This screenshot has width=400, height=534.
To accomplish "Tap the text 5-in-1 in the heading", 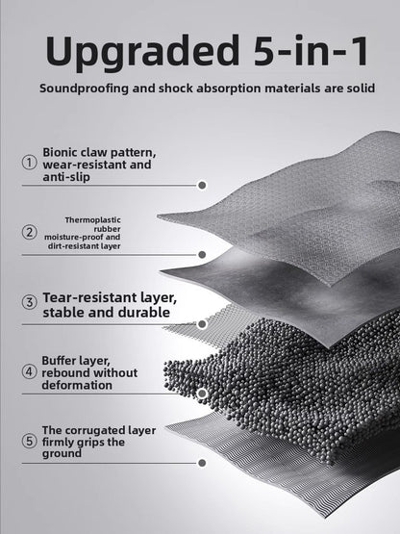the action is coord(311,50).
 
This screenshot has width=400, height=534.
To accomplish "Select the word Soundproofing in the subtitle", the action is coord(85,89).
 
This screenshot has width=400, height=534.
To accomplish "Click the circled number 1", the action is coord(30,162).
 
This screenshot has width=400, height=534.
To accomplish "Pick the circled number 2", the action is coord(30,232).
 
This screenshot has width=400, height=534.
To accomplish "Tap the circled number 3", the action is coord(30,302).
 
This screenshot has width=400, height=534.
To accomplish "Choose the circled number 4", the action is coord(30,371).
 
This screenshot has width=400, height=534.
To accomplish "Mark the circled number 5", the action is coord(30,441).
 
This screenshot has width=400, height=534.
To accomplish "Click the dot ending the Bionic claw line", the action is coord(202,186).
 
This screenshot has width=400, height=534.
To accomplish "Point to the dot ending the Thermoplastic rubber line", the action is coord(202,255).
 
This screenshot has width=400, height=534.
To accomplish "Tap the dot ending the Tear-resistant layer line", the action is coord(202,324).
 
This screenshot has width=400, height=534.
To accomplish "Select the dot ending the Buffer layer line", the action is coord(202,394).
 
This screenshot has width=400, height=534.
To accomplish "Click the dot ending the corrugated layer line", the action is coord(202,463).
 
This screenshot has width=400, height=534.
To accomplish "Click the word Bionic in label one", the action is coord(60,152).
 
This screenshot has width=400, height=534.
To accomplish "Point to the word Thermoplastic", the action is coord(93,220).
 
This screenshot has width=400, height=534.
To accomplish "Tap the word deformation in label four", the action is coord(77,386).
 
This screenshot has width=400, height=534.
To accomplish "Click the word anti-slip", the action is coord(66,177).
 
